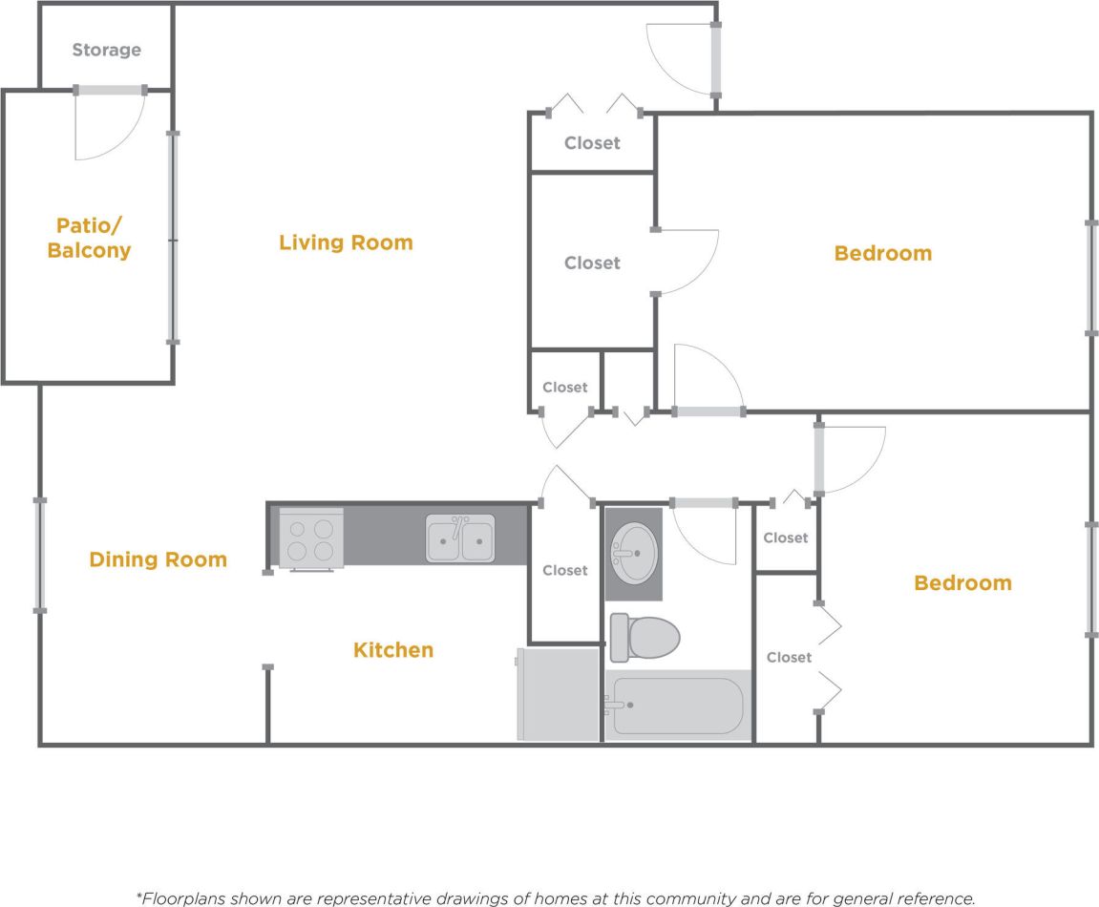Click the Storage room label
[106, 50]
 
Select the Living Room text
[346, 243]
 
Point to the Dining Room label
[158, 559]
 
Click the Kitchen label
[393, 650]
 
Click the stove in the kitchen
[311, 539]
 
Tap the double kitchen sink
[460, 538]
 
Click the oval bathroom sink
[633, 553]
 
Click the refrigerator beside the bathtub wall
[558, 694]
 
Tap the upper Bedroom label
[882, 253]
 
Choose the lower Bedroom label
[962, 583]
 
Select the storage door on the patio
[110, 124]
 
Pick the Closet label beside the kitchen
[564, 570]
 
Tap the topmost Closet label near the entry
[592, 143]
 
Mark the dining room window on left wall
[40, 554]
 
